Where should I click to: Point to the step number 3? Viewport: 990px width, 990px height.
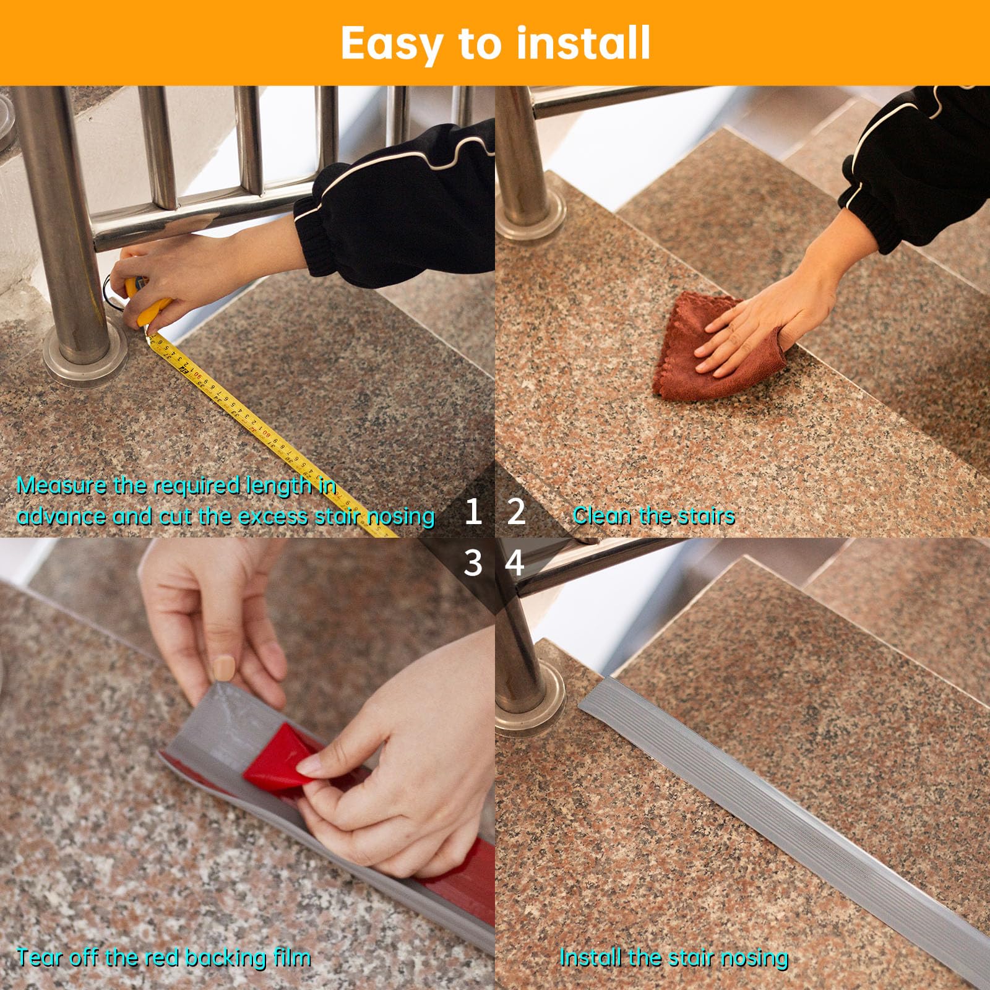tap(473, 563)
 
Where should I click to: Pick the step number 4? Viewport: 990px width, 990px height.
tap(515, 563)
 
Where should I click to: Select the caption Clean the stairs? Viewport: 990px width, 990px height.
tap(653, 515)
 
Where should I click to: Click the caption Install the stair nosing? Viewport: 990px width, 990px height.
tap(673, 958)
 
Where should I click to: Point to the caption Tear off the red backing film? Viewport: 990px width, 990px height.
tap(163, 958)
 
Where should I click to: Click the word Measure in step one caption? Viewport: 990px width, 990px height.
tap(61, 486)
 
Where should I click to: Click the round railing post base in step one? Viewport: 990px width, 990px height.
tap(84, 365)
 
